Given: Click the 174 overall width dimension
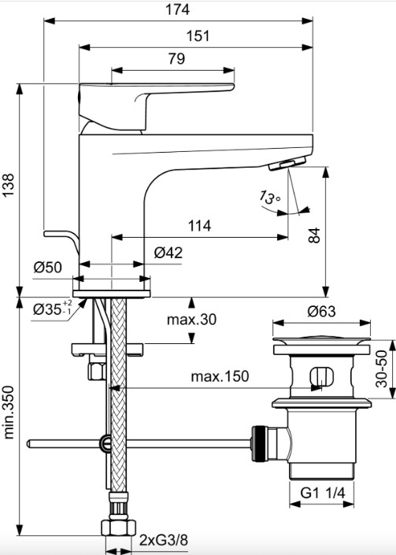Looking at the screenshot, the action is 177,9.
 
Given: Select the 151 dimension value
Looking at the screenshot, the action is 198,35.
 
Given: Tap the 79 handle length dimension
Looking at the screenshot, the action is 176,58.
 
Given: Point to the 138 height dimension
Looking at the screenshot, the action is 8,185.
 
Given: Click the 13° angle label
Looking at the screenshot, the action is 270,197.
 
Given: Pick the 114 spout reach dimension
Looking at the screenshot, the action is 199,225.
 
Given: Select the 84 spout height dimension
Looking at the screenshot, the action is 314,235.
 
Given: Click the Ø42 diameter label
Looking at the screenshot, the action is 168,253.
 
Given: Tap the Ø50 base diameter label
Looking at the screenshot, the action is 48,267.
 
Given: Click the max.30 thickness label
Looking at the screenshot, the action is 191,320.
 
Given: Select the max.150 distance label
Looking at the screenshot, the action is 220,376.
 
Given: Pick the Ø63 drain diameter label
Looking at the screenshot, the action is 321,311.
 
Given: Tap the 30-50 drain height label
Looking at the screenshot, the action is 382,368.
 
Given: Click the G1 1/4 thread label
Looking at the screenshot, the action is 323,492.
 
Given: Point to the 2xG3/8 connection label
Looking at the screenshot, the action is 163,540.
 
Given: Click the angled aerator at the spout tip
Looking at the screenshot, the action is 287,164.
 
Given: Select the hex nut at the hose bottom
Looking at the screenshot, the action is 119,527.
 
